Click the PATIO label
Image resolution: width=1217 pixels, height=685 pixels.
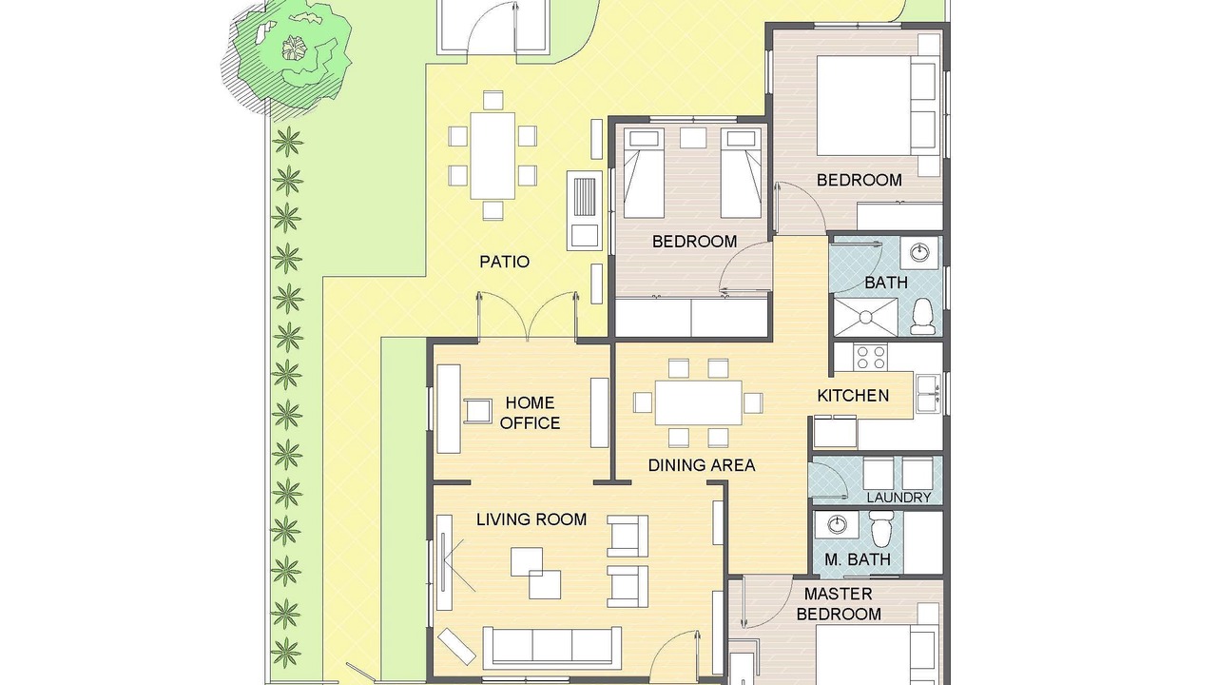(504, 262)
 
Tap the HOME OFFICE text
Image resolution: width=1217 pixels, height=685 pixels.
(530, 413)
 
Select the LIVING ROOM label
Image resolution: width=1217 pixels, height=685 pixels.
(531, 519)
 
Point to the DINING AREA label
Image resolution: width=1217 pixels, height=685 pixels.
(702, 465)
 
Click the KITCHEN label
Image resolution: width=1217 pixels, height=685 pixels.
(853, 396)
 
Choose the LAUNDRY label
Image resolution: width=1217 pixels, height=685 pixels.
(898, 498)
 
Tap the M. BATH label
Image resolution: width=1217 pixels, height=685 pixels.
(858, 559)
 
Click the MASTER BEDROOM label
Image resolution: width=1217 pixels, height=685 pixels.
(839, 603)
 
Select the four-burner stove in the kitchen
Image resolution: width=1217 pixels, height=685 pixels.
(870, 358)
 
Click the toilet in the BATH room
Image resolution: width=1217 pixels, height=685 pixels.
(922, 317)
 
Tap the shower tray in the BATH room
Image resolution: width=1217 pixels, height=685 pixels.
(865, 317)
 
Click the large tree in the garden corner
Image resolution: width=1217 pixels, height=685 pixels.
(286, 57)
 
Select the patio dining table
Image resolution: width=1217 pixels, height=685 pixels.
(493, 155)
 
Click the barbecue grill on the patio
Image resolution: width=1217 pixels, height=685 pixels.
(585, 210)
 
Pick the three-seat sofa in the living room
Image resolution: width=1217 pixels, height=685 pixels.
(552, 648)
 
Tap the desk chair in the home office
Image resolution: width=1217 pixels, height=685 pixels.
(478, 411)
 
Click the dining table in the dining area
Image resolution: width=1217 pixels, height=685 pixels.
(698, 402)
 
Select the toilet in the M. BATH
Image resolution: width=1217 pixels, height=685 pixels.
(880, 529)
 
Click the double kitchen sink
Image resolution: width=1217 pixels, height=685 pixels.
(929, 393)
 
